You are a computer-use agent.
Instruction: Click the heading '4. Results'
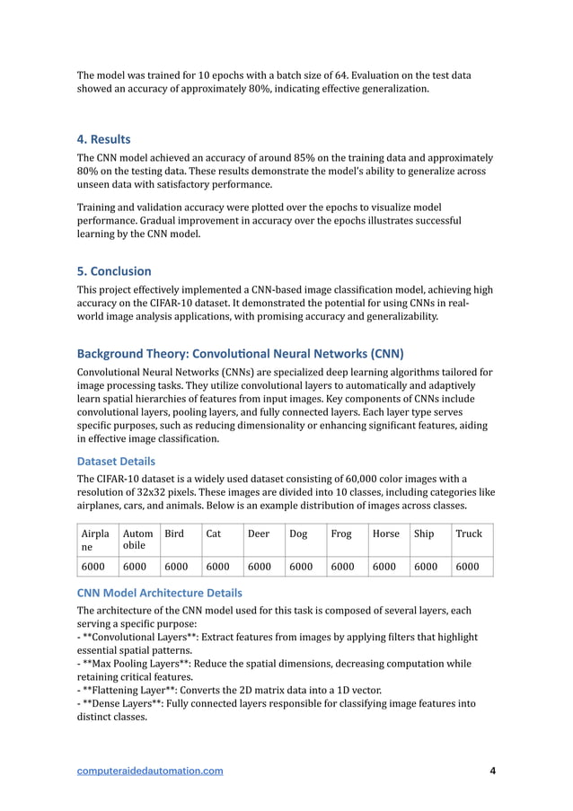coord(103,139)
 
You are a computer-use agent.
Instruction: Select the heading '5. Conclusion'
coord(113,271)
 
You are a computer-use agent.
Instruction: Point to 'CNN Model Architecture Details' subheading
coord(159,593)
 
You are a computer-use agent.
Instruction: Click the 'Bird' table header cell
coord(174,533)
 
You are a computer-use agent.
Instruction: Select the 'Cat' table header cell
coord(214,533)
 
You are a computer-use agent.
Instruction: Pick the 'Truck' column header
coord(469,533)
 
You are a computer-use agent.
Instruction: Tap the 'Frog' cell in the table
coord(341,533)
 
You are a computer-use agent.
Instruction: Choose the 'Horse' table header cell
coord(385,533)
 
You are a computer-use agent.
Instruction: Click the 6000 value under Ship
coord(427,567)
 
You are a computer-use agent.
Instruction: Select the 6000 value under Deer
coord(260,567)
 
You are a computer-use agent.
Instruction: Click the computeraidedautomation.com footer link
coord(150,771)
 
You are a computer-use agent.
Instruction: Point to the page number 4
coord(492,771)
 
